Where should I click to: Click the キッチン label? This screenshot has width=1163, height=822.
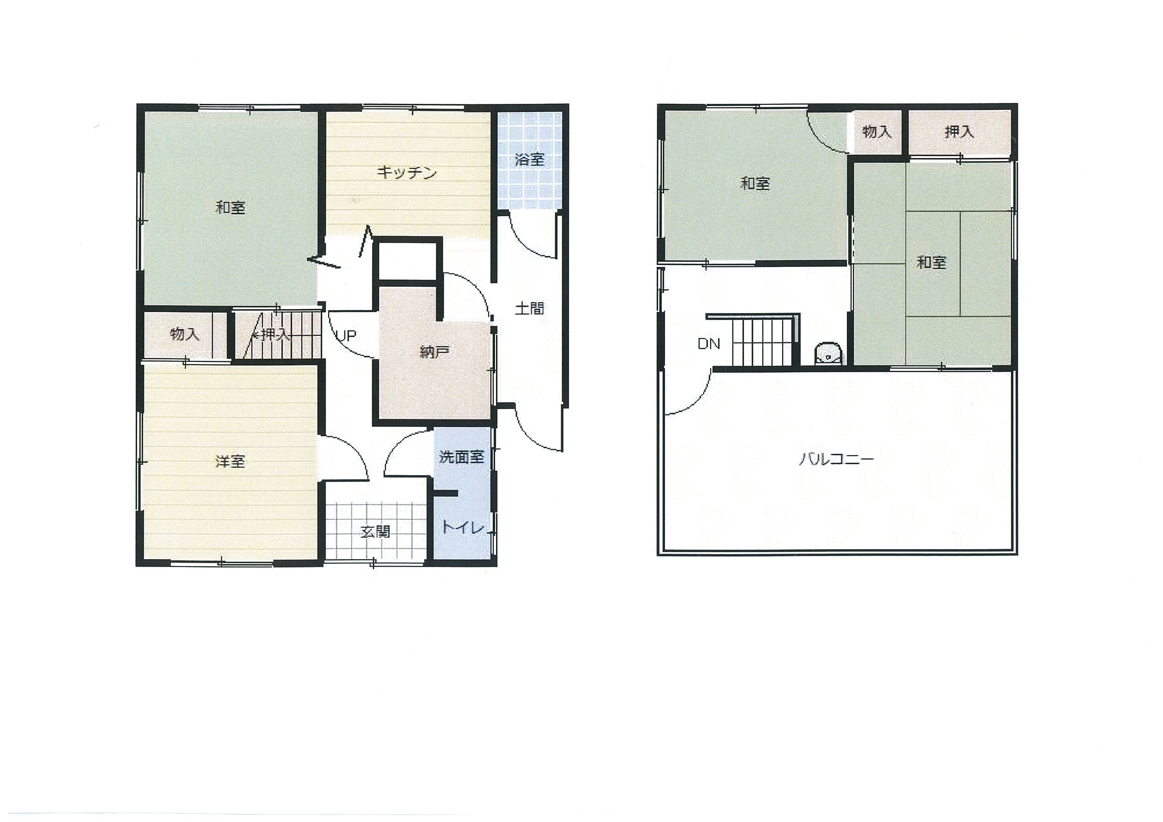click(406, 173)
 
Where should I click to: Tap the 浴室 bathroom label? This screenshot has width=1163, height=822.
click(529, 160)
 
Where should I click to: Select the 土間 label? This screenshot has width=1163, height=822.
click(529, 308)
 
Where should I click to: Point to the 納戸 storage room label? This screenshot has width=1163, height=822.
click(434, 352)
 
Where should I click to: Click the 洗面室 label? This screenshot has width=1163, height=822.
click(461, 457)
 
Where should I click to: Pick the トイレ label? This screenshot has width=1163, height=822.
click(462, 527)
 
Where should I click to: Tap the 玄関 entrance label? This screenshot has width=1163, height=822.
click(375, 531)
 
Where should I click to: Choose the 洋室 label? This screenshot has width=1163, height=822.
click(230, 461)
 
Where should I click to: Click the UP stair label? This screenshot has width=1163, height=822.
click(346, 335)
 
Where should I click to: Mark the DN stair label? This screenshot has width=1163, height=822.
click(709, 344)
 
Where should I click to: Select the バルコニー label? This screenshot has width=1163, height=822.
click(836, 459)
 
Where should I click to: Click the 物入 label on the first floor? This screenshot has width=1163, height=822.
click(185, 334)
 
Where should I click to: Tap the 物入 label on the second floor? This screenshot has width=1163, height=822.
click(877, 132)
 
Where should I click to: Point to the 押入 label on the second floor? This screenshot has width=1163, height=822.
click(959, 132)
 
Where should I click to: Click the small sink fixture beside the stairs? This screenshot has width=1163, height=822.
click(828, 353)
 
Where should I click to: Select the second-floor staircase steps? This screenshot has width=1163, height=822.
click(762, 342)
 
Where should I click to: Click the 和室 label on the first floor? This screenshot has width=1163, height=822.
click(231, 207)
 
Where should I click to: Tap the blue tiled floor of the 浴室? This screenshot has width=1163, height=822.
click(530, 161)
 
